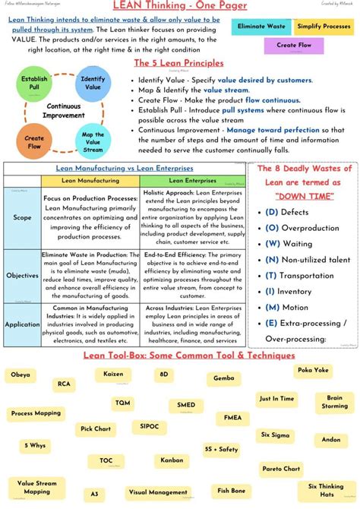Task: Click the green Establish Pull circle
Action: (x=34, y=84)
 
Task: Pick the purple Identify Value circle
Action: (x=93, y=84)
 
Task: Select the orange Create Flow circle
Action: (x=34, y=141)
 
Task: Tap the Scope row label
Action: (x=22, y=217)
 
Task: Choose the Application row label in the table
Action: (x=22, y=324)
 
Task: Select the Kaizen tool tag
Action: (x=113, y=375)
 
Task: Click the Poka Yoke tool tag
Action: (x=314, y=370)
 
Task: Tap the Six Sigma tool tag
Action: (x=275, y=435)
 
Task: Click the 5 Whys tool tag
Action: (x=34, y=446)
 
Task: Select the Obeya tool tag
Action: (x=21, y=375)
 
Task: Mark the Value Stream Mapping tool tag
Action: (x=36, y=487)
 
